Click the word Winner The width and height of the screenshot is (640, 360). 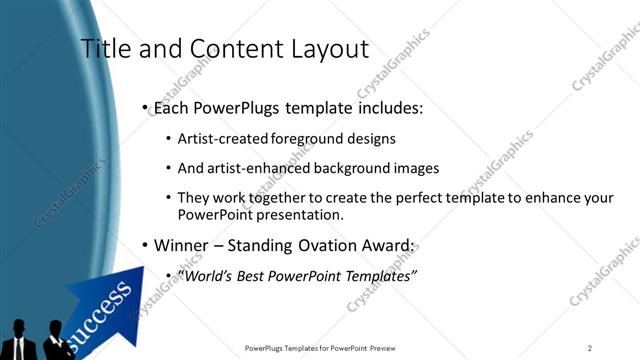(x=181, y=245)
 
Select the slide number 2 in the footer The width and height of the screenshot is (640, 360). (x=591, y=348)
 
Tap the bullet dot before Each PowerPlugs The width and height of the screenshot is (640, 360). (x=146, y=106)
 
